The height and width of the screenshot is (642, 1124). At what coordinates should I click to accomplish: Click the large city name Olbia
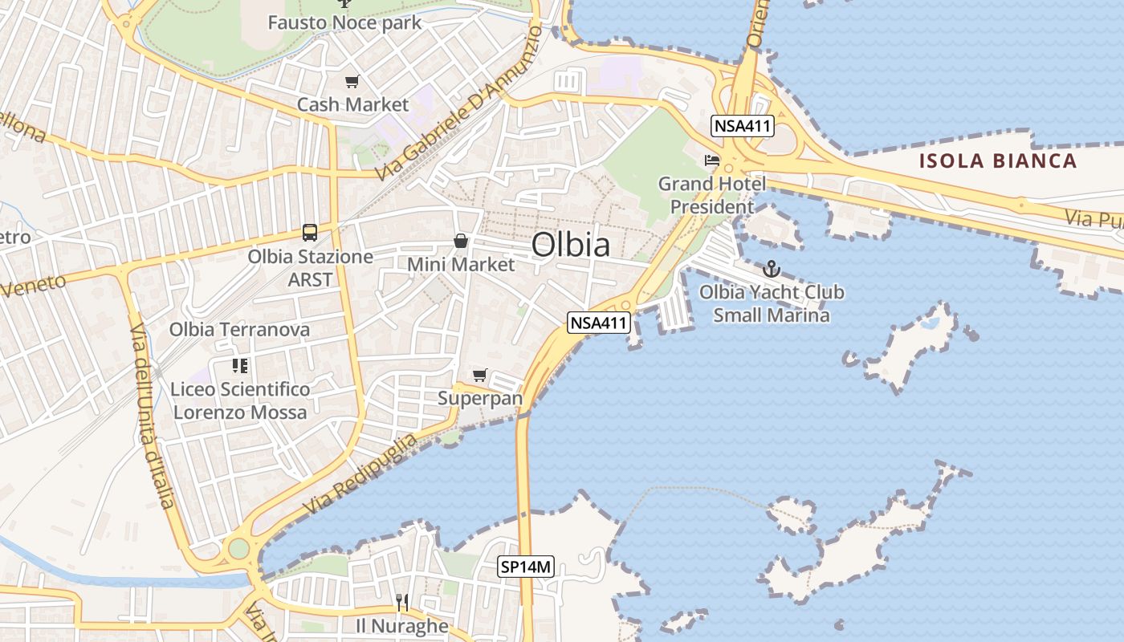click(570, 245)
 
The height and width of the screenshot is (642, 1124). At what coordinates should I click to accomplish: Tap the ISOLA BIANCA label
click(997, 160)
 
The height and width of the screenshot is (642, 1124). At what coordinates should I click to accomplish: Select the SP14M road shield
click(526, 567)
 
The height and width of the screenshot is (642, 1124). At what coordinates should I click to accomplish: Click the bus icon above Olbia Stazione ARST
click(310, 233)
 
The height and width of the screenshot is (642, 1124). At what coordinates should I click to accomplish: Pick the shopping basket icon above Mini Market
click(461, 240)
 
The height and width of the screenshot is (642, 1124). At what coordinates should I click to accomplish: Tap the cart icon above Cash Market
click(352, 81)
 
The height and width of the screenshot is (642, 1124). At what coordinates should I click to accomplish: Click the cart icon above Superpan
click(480, 375)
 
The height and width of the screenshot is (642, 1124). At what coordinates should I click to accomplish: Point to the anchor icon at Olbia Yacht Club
click(772, 269)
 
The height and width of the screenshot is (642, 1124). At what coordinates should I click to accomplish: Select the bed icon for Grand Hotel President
click(711, 160)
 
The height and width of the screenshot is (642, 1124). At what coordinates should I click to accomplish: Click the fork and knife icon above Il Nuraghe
click(402, 602)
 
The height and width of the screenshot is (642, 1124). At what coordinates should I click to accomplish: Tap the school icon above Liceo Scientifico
click(239, 366)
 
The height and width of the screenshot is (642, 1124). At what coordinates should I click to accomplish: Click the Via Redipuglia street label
click(360, 473)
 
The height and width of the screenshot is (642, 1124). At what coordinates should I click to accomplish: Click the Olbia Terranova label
click(239, 329)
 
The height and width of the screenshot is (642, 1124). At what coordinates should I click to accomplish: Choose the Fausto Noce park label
click(344, 22)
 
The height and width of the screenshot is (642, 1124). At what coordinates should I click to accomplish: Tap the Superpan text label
click(480, 398)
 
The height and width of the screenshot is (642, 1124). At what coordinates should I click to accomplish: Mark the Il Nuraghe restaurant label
click(402, 625)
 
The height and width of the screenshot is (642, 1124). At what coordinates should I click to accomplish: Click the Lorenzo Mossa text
click(240, 412)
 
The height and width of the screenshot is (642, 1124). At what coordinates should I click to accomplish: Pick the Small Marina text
click(772, 315)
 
